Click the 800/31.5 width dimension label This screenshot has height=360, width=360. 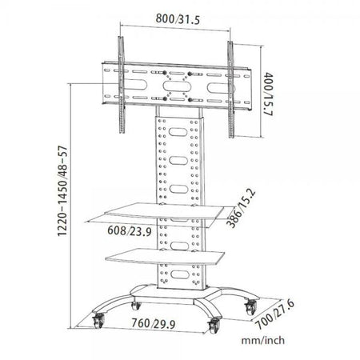(178, 19)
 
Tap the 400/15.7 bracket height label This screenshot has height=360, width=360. (268, 94)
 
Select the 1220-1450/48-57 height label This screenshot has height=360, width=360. (62, 191)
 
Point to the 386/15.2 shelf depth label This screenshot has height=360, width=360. (241, 208)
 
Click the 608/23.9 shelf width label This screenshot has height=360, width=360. (130, 231)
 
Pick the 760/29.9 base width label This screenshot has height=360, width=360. (154, 323)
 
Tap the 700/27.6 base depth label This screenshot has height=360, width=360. (275, 314)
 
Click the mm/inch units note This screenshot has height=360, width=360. (263, 341)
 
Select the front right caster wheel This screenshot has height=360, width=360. (214, 326)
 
